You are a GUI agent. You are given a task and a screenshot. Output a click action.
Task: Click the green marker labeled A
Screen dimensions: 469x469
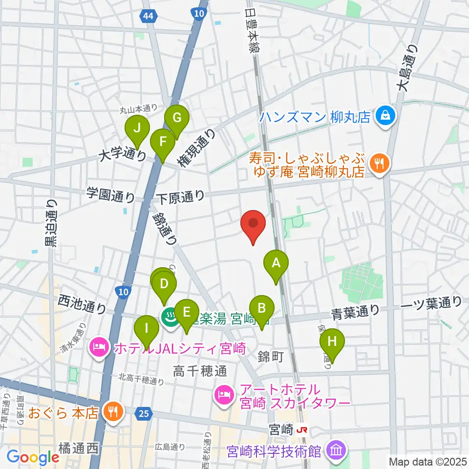(x=276, y=264)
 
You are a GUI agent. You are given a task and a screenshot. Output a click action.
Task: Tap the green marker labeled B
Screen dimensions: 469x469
(x=261, y=309)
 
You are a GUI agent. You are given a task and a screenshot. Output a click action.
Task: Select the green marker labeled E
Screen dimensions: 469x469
(x=186, y=312)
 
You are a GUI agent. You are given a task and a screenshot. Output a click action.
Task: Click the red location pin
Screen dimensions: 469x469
(x=254, y=224)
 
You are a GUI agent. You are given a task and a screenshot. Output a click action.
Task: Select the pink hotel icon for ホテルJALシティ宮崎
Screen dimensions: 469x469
(x=99, y=348)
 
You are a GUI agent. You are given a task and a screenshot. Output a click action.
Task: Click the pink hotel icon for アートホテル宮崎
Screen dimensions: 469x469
(x=224, y=396)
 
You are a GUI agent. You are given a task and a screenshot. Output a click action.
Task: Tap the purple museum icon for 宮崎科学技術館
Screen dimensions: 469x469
(x=336, y=449)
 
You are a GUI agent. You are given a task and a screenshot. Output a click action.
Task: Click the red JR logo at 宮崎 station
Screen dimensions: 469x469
(x=302, y=430)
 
